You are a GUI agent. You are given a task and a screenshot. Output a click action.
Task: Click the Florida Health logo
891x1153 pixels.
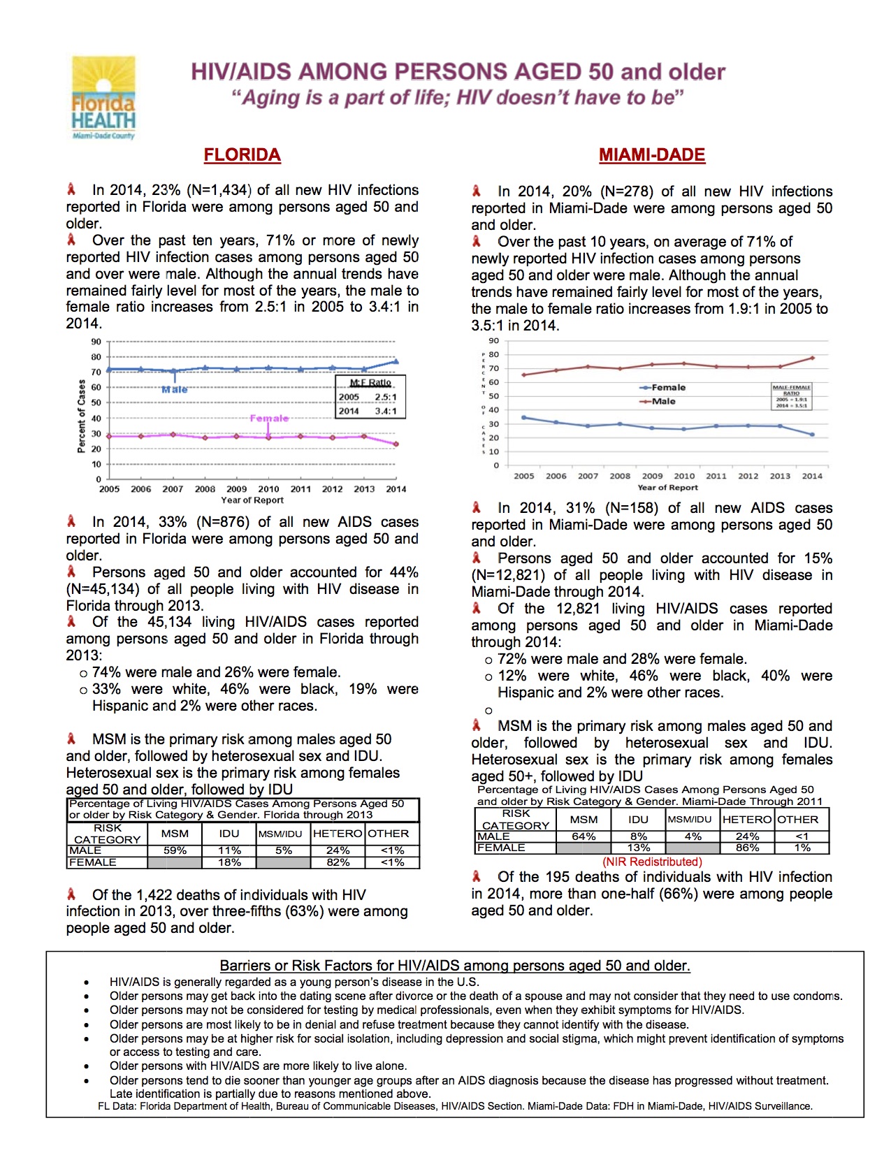tap(103, 98)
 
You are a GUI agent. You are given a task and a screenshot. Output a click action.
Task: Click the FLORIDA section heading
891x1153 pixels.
tap(242, 154)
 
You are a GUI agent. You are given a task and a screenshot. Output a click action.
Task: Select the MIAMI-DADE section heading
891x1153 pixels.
tap(651, 154)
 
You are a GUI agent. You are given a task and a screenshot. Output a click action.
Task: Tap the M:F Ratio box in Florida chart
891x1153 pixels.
tap(370, 397)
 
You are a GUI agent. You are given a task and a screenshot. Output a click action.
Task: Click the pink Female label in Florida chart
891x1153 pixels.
tap(269, 418)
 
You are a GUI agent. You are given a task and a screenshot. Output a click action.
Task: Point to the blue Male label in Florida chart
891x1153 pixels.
tap(174, 389)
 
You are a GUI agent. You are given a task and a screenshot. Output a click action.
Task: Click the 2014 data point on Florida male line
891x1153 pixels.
tap(396, 361)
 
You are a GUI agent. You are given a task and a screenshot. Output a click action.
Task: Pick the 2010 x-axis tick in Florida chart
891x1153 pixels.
tap(268, 489)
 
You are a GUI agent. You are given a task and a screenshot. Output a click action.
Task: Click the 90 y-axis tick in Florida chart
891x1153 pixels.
tap(96, 342)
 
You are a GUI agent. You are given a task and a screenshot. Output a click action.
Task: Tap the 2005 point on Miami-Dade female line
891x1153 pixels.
tap(524, 417)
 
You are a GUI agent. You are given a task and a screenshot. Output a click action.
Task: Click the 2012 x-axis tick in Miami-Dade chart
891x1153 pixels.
tap(748, 476)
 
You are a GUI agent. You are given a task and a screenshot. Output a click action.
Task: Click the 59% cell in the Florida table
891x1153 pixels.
tap(175, 850)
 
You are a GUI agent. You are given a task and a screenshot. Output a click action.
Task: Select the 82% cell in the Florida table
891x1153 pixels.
tap(338, 862)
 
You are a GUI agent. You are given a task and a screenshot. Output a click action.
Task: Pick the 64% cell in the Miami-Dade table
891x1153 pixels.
tap(584, 836)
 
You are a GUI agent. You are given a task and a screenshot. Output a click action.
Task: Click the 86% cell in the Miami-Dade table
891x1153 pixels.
tap(747, 848)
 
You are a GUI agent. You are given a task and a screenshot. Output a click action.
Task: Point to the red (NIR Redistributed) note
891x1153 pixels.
tap(652, 862)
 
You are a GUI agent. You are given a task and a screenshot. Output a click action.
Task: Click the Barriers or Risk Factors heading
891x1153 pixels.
tap(455, 966)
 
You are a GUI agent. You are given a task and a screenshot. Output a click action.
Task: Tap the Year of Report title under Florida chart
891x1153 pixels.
tap(252, 500)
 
